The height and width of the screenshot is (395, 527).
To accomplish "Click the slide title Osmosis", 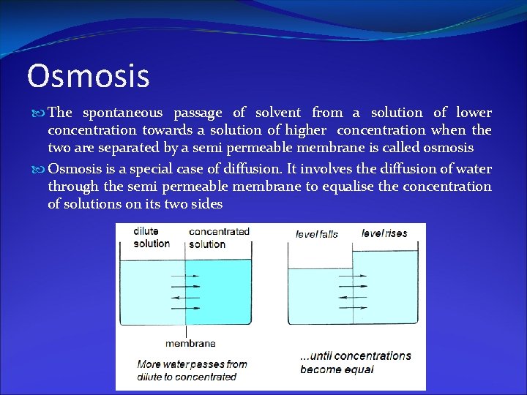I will coord(88,76).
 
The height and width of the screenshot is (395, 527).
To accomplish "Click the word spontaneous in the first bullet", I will coord(122,113).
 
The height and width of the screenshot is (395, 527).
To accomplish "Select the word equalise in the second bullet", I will coord(348,187).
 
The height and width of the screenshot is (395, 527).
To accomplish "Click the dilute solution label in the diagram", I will coord(152,238).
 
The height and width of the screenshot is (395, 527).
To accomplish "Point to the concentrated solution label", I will coord(219,238).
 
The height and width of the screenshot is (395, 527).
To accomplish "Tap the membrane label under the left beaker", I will coord(190,343).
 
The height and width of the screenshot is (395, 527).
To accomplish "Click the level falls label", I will coord(316,234).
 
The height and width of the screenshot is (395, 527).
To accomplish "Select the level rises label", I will coord(384,233).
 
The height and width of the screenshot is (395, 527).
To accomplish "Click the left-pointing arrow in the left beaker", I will coord(184,298).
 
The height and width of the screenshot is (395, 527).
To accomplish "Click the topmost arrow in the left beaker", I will coord(184,277).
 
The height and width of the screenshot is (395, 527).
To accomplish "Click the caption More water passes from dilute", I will coord(192,370).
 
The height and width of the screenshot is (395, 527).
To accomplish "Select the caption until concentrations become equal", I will coord(356,362).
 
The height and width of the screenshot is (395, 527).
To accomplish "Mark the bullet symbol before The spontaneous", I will coord(40,113).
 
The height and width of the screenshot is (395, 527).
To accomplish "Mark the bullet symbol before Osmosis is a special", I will coord(40,169).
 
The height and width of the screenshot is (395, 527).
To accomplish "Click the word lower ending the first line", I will coord(474,113).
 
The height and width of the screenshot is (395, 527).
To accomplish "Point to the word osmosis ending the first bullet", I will coord(448,148).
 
